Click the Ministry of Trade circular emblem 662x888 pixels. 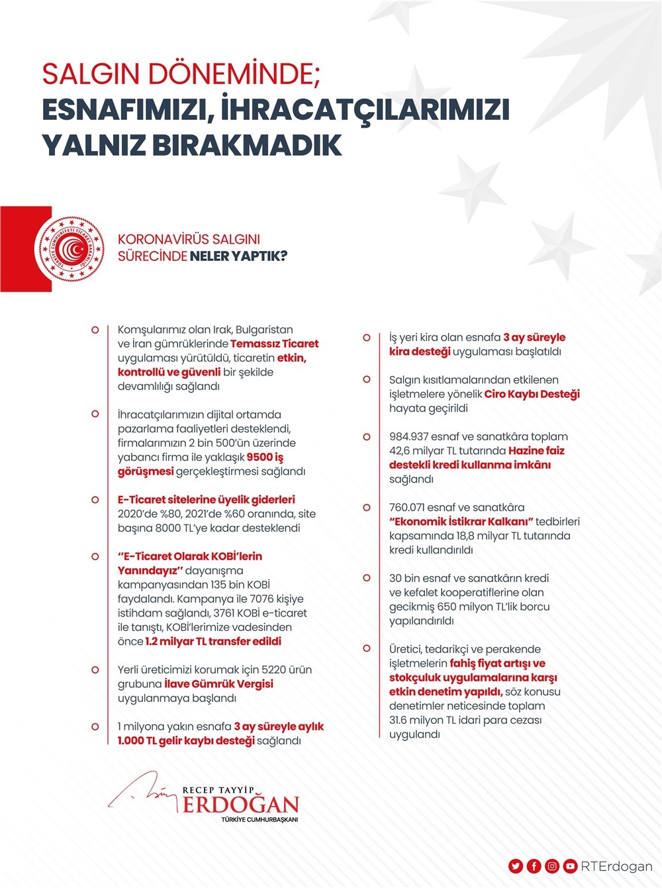(x=70, y=249)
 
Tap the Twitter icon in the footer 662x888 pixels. (x=516, y=865)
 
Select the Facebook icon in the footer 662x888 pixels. (x=534, y=865)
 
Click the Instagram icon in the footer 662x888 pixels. (x=551, y=865)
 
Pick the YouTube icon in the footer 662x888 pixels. (x=569, y=865)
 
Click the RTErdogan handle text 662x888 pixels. (x=616, y=865)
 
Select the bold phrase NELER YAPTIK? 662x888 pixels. (x=238, y=256)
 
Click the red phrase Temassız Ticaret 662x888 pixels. (x=274, y=344)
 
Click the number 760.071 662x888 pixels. (x=411, y=507)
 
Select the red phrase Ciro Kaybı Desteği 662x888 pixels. (x=532, y=394)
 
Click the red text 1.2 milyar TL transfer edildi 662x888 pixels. (x=213, y=641)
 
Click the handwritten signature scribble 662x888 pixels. (x=142, y=791)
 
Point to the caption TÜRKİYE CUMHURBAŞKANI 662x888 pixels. (x=260, y=820)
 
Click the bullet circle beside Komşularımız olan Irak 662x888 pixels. (x=95, y=330)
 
